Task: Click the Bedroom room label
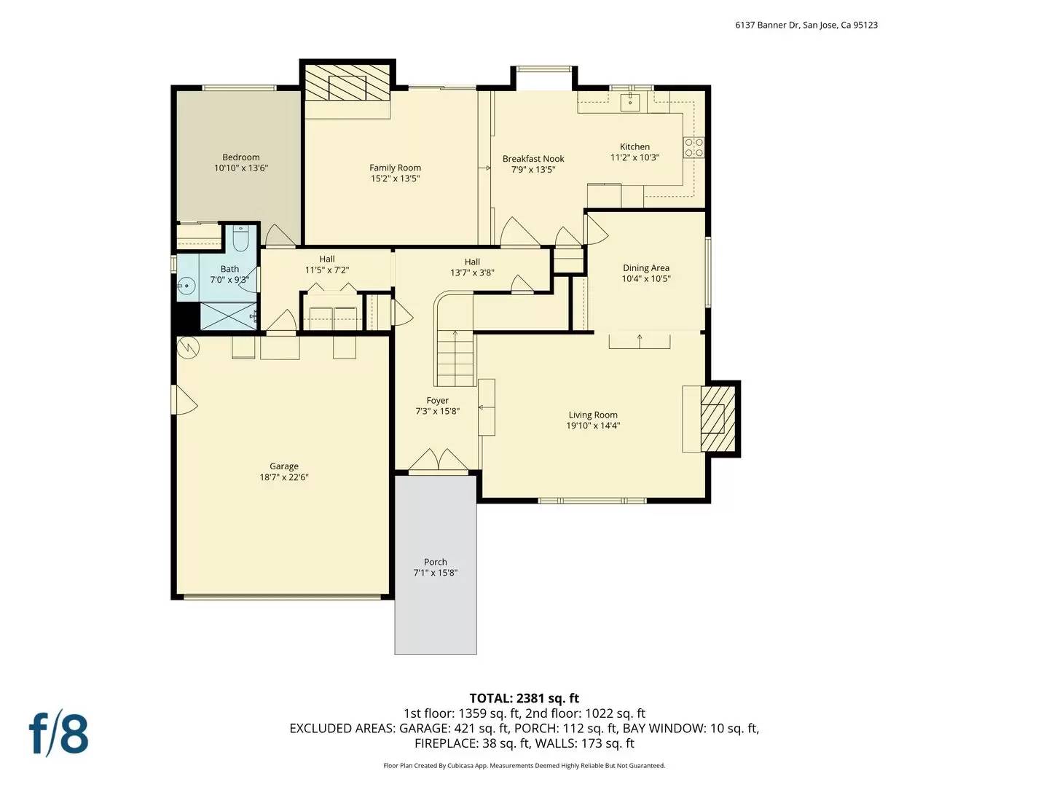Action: (240, 157)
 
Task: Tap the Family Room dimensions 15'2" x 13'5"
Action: (395, 179)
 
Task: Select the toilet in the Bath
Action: (240, 238)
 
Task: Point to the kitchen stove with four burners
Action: (694, 148)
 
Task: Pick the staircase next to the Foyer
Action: (455, 357)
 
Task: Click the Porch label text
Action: (436, 562)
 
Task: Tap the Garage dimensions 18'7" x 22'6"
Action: (284, 478)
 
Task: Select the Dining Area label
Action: (645, 268)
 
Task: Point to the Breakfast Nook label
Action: (533, 159)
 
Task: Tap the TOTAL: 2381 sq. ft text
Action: (524, 698)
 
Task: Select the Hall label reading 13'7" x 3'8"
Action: (472, 273)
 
